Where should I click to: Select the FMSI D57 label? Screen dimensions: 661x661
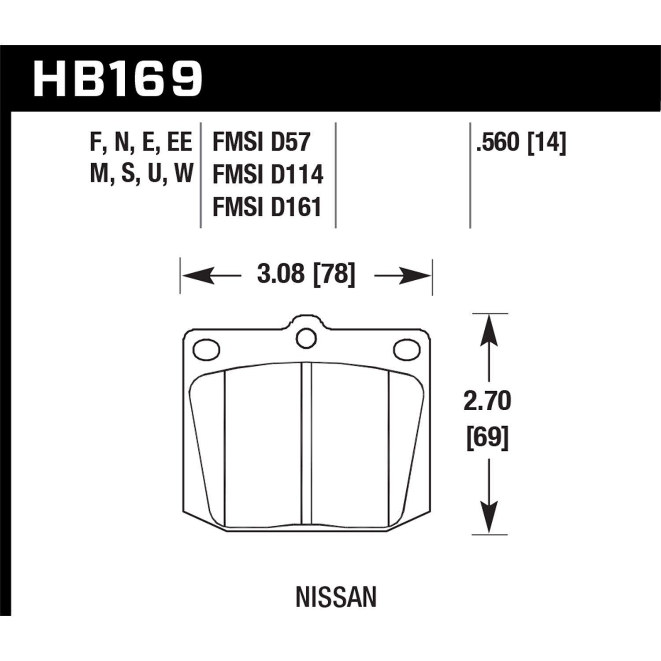pyautogui.click(x=262, y=143)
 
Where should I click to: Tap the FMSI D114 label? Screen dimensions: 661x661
pyautogui.click(x=268, y=175)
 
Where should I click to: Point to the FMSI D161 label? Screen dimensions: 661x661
pyautogui.click(x=267, y=207)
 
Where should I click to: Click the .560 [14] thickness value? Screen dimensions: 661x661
pyautogui.click(x=520, y=143)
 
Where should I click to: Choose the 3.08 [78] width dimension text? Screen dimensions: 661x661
pyautogui.click(x=306, y=275)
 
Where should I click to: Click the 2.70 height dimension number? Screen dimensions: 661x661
pyautogui.click(x=487, y=401)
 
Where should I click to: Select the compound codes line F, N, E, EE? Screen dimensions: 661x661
pyautogui.click(x=141, y=143)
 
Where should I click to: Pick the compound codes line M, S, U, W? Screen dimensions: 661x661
pyautogui.click(x=141, y=175)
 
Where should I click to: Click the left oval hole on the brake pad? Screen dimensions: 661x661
pyautogui.click(x=206, y=349)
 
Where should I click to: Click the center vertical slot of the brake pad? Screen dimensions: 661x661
pyautogui.click(x=306, y=445)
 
